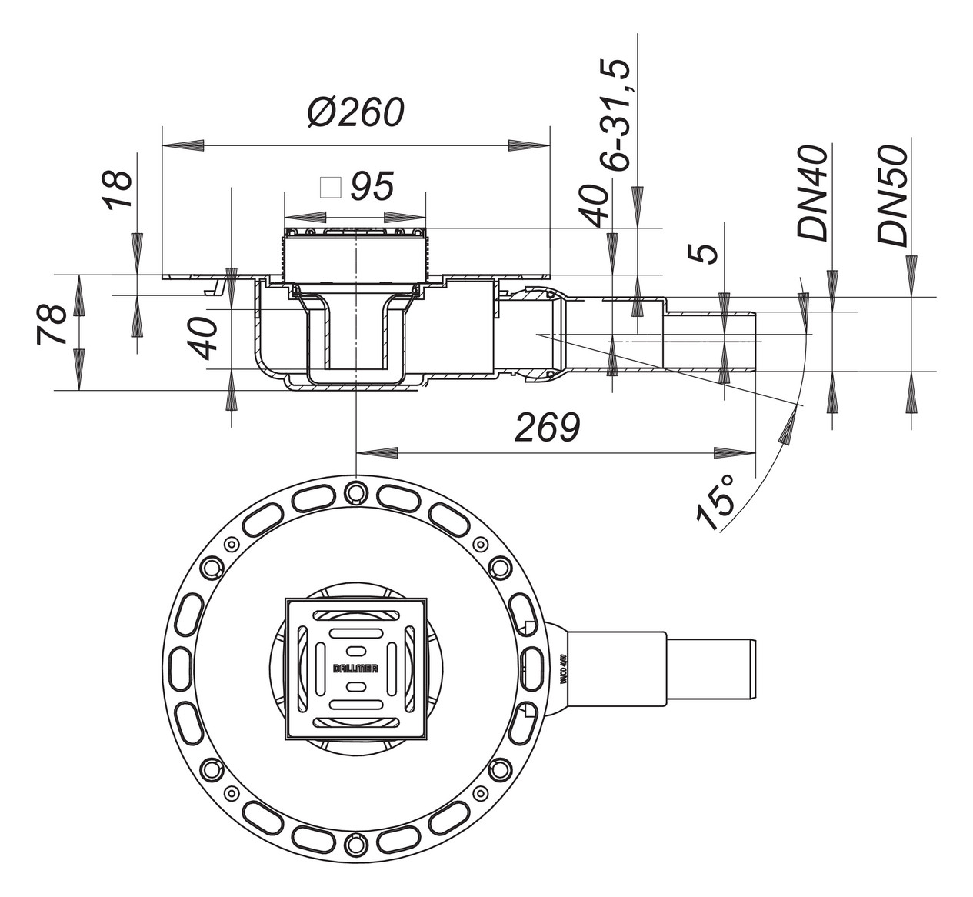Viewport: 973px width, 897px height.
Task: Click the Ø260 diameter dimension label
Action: tap(355, 114)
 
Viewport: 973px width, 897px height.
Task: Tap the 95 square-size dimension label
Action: tap(372, 186)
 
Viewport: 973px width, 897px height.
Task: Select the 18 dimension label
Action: tap(118, 190)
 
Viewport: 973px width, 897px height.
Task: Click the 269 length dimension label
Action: tap(547, 428)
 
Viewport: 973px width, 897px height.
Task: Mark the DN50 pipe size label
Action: tap(892, 195)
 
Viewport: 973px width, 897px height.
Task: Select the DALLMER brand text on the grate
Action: tap(355, 669)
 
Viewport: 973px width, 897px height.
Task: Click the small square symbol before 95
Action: tap(331, 187)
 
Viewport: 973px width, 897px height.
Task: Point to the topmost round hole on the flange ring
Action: tap(355, 490)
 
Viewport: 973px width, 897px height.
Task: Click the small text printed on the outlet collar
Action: tap(563, 669)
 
